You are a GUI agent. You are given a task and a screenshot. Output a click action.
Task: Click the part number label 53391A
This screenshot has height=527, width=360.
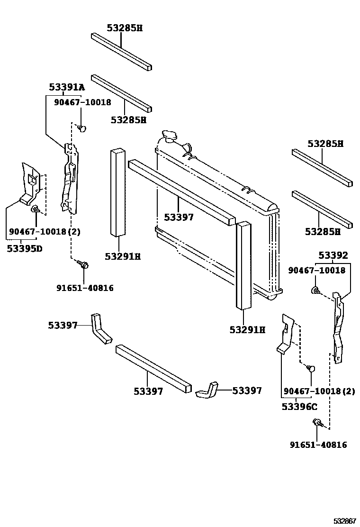pos(67,87)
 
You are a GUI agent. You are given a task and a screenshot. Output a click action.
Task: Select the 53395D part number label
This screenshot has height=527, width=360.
pos(25,248)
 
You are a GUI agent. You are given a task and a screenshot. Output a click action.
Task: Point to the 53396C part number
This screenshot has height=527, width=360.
pos(299,406)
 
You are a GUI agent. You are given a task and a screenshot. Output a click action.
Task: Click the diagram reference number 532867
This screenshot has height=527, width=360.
pos(343,520)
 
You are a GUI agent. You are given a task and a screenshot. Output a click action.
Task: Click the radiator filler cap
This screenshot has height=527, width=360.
pos(168,136)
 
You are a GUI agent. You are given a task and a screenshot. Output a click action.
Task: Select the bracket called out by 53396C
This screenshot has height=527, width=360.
pos(287,334)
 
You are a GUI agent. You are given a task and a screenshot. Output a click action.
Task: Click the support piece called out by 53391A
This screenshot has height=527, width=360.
pos(69,178)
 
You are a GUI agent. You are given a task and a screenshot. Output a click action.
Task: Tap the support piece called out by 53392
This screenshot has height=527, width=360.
pos(339,327)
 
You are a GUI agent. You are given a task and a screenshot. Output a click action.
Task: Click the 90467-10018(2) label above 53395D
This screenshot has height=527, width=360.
pos(45,232)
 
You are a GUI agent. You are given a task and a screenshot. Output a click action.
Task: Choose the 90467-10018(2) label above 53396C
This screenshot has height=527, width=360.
pos(319,391)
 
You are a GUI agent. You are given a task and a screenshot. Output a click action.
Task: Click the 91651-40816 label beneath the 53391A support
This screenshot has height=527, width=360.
pos(85,287)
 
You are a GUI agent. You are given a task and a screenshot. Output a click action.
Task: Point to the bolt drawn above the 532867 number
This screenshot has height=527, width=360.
pos(317,423)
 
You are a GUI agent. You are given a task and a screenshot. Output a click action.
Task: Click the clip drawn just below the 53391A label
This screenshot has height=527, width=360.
pos(82,127)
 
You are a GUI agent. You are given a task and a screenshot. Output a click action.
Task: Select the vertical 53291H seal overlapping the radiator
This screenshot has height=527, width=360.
pos(244,265)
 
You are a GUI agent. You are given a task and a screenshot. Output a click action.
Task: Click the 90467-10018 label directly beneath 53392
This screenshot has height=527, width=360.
pos(317,270)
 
